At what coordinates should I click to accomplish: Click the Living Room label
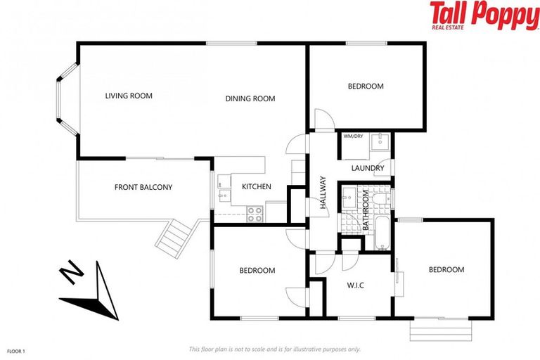129,96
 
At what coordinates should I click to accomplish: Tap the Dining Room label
250,98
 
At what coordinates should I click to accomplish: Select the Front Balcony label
143,187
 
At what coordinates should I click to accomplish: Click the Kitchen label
256,186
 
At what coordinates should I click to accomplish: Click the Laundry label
368,168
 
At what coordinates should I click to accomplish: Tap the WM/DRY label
353,136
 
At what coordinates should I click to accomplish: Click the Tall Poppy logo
484,16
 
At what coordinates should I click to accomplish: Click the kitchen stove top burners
255,213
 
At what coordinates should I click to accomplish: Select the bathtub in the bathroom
382,234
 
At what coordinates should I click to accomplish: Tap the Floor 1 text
16,350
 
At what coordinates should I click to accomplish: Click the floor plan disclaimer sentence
274,349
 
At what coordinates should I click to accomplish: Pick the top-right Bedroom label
366,86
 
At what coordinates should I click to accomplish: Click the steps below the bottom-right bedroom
439,329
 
